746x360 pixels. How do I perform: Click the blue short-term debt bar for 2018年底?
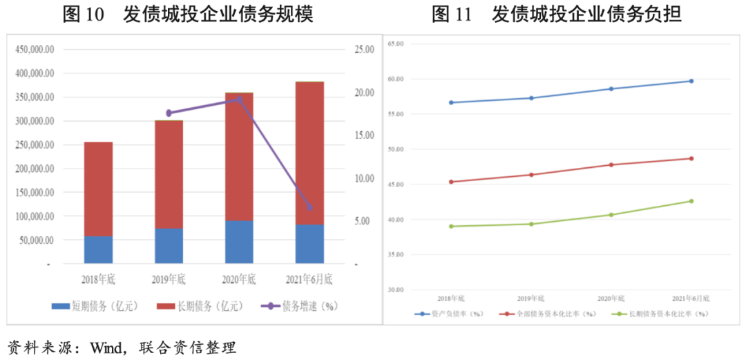click(x=98, y=249)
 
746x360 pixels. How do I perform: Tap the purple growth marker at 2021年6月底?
click(x=309, y=207)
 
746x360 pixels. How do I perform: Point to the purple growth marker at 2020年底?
click(x=240, y=100)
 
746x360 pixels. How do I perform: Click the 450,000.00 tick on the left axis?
click(x=35, y=50)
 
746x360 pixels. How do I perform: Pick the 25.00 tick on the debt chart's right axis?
click(x=364, y=50)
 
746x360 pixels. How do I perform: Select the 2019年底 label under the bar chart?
click(x=169, y=280)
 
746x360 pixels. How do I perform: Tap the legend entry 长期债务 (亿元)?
click(x=200, y=305)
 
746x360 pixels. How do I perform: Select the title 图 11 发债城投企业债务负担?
click(x=557, y=15)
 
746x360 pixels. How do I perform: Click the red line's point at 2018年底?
click(x=451, y=182)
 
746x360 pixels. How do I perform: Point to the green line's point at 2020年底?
click(x=611, y=215)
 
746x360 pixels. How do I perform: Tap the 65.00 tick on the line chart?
click(x=395, y=44)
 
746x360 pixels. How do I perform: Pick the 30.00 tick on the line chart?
click(x=395, y=290)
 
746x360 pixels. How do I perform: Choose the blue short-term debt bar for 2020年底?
click(x=239, y=242)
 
